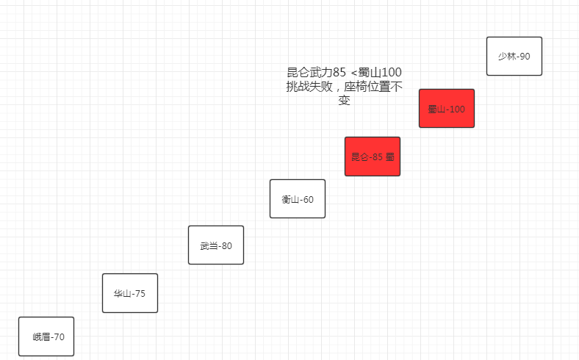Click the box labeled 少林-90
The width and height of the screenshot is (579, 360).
[x=514, y=56]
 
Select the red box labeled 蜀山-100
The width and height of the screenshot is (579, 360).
[x=447, y=108]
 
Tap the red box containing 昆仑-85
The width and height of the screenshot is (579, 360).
[x=373, y=156]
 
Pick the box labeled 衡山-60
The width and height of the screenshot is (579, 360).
[x=298, y=198]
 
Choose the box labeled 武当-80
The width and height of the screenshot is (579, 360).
[x=216, y=245]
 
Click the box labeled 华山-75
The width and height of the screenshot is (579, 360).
[x=130, y=293]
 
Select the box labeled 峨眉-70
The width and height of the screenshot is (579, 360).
[x=46, y=336]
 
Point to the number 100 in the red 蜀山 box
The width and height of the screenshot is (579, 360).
[x=456, y=109]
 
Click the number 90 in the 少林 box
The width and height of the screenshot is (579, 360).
[x=525, y=57]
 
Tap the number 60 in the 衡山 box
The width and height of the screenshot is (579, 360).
[x=308, y=199]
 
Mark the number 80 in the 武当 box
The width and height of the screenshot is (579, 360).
[x=226, y=246]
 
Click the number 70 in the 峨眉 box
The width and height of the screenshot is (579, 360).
[x=59, y=337]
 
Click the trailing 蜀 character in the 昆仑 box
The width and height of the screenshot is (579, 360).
[x=391, y=156]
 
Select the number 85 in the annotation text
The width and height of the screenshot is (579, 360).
[x=339, y=73]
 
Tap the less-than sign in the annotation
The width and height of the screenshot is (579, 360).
[x=354, y=73]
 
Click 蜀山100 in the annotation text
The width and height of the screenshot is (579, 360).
[x=381, y=73]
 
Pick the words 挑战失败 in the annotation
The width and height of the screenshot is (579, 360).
[x=310, y=87]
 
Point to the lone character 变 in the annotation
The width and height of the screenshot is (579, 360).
[x=344, y=100]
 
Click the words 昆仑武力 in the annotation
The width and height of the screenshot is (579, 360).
[x=309, y=73]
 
